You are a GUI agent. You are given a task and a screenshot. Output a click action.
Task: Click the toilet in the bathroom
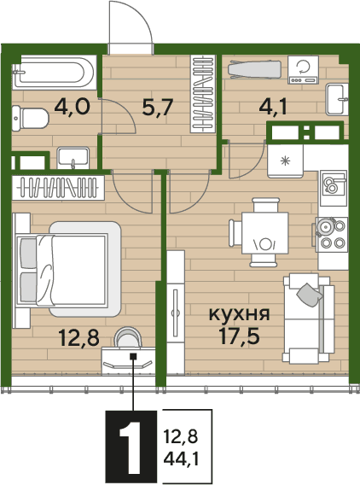coord(30,118)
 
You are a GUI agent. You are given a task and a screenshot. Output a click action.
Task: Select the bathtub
coord(54,73)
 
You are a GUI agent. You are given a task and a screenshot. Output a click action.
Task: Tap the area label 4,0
coord(73,107)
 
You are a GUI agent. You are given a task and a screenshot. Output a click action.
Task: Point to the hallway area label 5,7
coord(157,108)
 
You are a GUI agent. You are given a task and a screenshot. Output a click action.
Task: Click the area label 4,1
coord(273,108)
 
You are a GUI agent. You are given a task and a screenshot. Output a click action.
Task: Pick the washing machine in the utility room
coord(303,70)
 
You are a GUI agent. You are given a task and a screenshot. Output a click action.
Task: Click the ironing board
coord(254,69)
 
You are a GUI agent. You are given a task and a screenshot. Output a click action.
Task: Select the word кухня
coord(239,314)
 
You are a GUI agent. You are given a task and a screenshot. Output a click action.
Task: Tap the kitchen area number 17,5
coord(240,336)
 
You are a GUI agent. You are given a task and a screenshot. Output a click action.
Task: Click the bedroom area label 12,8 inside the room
coord(79,338)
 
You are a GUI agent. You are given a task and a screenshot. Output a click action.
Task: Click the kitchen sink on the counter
coord(333,188)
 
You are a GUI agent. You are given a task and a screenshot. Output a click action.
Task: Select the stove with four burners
coord(332,235)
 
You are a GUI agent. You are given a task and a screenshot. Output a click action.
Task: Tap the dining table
coord(265,233)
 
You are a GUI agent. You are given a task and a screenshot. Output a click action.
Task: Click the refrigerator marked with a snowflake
coord(285,161)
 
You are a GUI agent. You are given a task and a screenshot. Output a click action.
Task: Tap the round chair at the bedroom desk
coord(127,337)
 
